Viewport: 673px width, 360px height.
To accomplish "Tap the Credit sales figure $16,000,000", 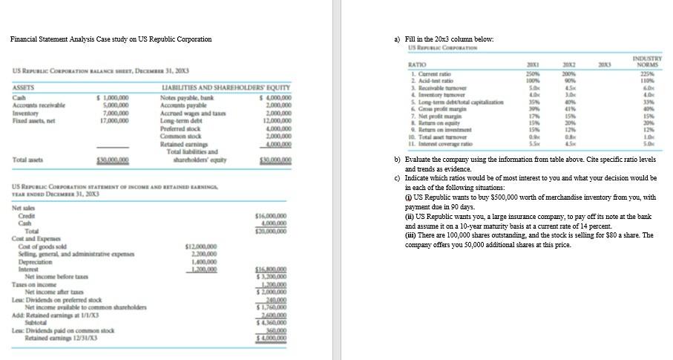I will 268,214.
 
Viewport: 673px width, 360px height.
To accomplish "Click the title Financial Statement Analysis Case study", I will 111,39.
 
